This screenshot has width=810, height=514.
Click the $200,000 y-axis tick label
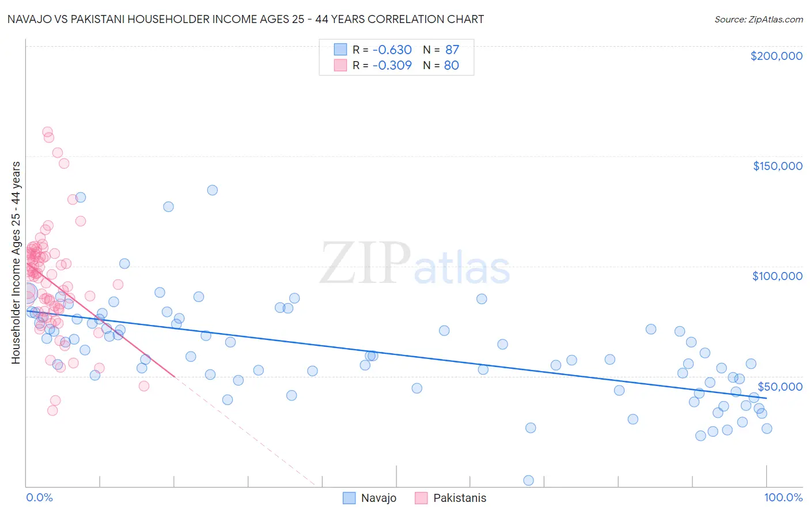[x=776, y=56]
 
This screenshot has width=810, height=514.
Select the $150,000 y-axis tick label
[x=777, y=166]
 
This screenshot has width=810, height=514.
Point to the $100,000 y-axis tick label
[x=777, y=276]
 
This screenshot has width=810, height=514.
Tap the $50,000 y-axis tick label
[x=779, y=386]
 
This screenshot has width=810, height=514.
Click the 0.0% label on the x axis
[x=39, y=497]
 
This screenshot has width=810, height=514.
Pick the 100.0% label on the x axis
[x=783, y=497]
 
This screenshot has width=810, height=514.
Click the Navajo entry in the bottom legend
[x=378, y=498]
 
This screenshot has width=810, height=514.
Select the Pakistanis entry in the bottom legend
[x=459, y=498]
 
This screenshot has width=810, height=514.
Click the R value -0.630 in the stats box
[x=392, y=50]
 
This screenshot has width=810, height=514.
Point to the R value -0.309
[x=392, y=65]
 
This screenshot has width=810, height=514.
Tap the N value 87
[x=452, y=50]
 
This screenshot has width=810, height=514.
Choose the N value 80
[x=451, y=65]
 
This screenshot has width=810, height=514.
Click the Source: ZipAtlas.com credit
[x=758, y=19]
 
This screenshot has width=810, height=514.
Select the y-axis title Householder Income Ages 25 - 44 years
[x=16, y=262]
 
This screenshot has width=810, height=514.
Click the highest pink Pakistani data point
[x=48, y=132]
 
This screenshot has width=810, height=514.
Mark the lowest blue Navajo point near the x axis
[x=528, y=481]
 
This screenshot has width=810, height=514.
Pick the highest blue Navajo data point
[x=212, y=190]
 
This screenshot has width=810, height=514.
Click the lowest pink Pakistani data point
[x=52, y=410]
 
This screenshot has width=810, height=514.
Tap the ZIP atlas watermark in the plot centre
[x=415, y=264]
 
